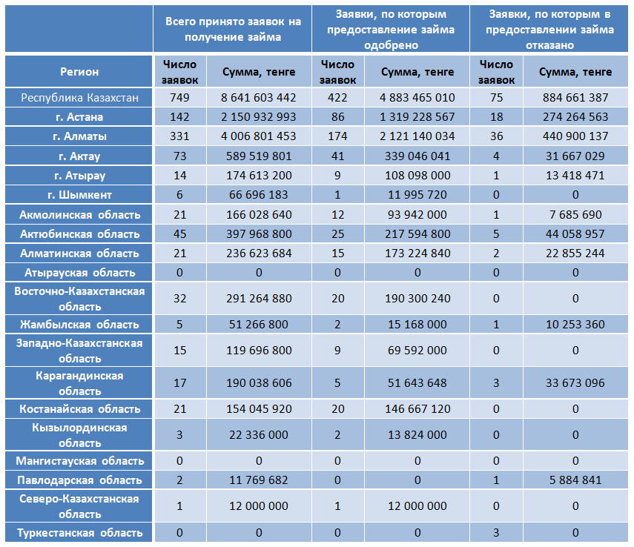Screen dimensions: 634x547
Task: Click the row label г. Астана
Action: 79,117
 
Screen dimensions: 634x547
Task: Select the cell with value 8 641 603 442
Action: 258,98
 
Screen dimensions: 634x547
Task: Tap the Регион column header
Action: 79,72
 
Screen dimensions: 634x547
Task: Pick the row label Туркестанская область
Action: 79,533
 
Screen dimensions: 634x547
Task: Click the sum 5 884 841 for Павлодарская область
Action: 575,480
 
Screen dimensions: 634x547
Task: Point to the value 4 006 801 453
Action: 258,136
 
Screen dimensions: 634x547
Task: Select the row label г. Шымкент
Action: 79,195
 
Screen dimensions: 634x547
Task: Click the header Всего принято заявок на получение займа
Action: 233,29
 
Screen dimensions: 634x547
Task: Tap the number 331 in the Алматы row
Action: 179,136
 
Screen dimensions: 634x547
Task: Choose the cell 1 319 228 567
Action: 417,117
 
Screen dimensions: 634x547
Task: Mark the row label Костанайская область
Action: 79,409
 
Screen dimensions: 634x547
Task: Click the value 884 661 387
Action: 575,98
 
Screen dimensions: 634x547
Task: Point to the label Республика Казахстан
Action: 79,98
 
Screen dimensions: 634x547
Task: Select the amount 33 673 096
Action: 575,383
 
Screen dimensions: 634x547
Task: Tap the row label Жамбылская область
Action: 79,325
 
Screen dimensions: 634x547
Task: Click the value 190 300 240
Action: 417,299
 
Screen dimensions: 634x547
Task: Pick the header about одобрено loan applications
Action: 391,30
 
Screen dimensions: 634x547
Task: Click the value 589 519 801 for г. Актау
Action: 258,156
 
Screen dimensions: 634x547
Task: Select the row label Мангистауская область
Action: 79,461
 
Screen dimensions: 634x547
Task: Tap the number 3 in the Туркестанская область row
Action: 496,533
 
